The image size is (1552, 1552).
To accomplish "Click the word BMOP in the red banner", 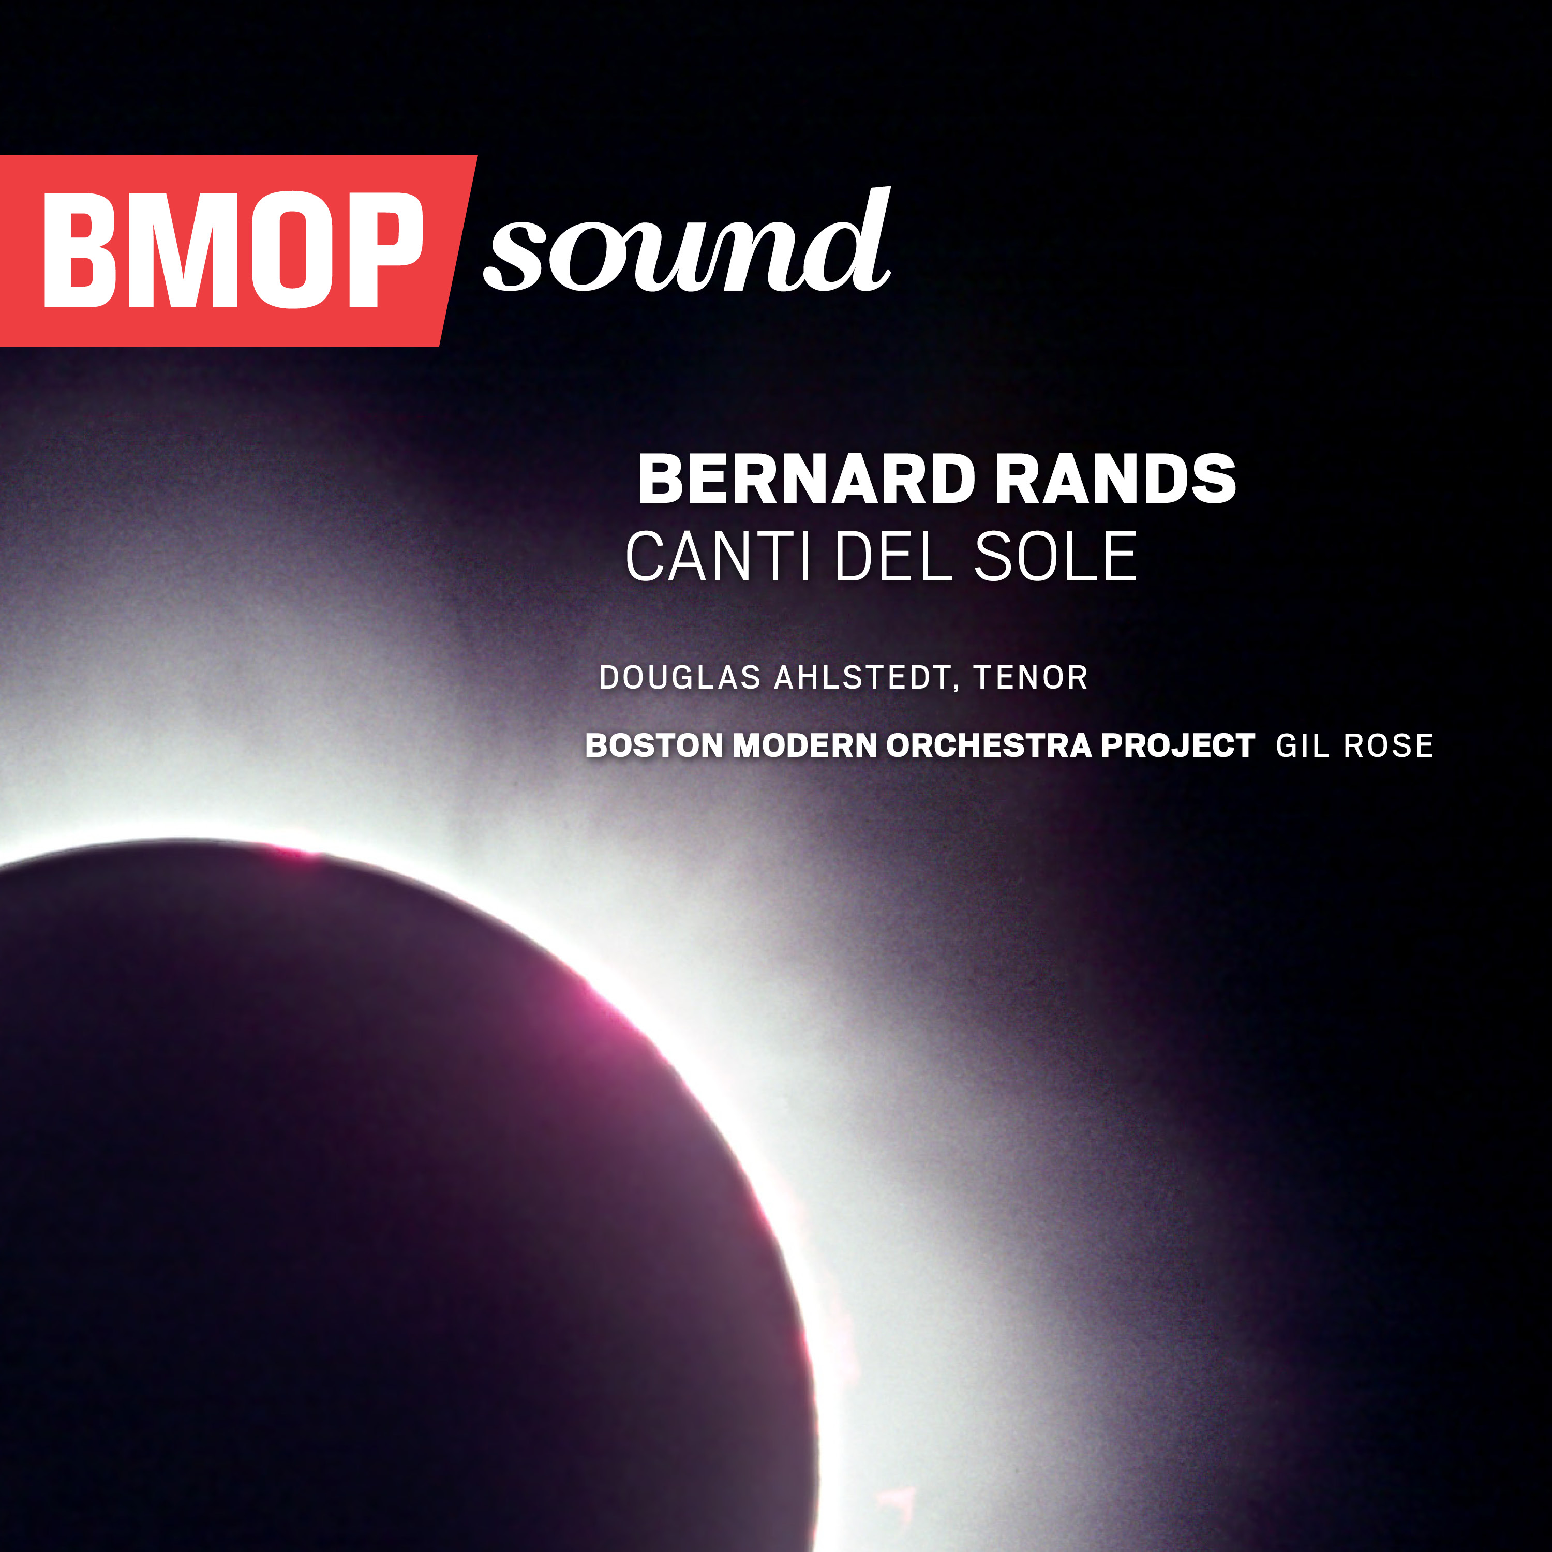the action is (x=234, y=250).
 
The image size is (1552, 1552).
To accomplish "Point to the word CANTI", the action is (x=718, y=557).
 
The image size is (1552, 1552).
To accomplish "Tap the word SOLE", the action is (x=1055, y=557).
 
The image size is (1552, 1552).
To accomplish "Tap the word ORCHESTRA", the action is (x=989, y=745).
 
